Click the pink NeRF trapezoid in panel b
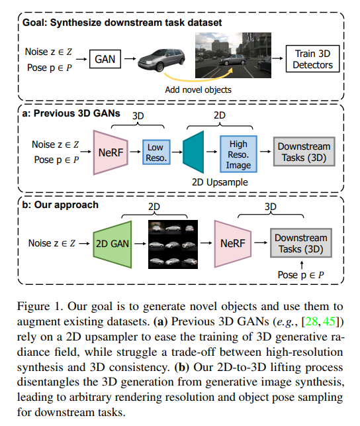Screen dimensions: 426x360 tap(232, 244)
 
